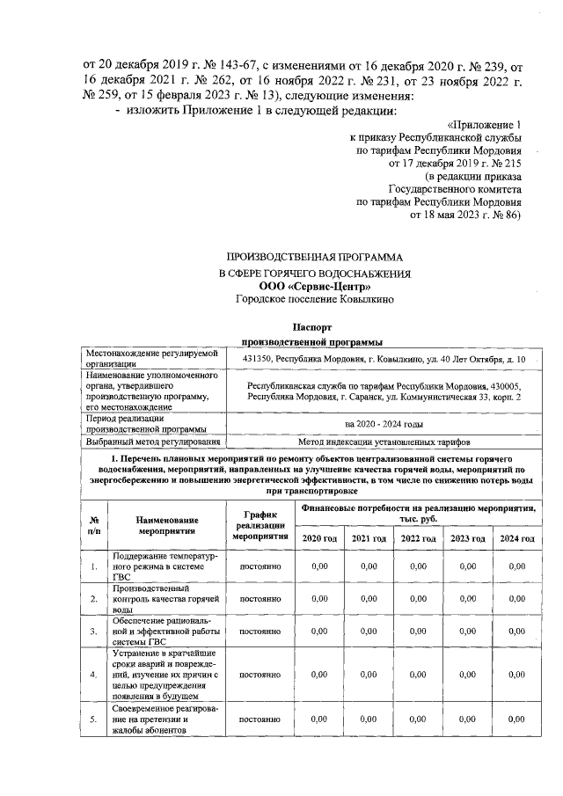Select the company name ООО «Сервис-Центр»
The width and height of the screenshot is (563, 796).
tap(314, 286)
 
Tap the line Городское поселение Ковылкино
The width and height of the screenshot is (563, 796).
tap(314, 299)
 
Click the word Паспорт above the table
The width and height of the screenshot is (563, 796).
tap(314, 325)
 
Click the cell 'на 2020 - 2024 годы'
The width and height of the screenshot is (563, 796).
tap(384, 424)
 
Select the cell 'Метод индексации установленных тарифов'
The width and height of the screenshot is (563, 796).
tap(384, 441)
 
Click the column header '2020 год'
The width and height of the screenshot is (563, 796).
tap(319, 538)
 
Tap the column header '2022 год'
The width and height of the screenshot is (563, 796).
tap(418, 538)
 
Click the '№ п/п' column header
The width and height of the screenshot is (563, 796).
tap(94, 526)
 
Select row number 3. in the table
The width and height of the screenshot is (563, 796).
tap(94, 631)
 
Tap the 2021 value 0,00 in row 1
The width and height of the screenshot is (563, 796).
tap(369, 566)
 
